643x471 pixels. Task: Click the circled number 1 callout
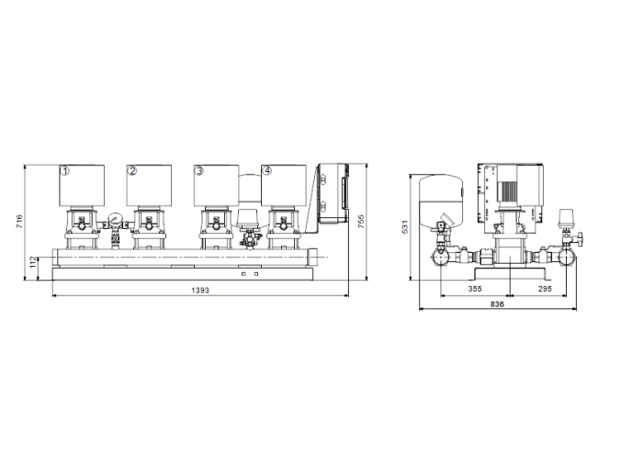(x=65, y=171)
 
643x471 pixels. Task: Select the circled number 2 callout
(x=132, y=171)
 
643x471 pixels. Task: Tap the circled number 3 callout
(x=198, y=171)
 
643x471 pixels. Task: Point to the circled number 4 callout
(x=266, y=171)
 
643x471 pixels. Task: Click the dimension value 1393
(x=200, y=290)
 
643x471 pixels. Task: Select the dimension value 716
(x=19, y=222)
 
